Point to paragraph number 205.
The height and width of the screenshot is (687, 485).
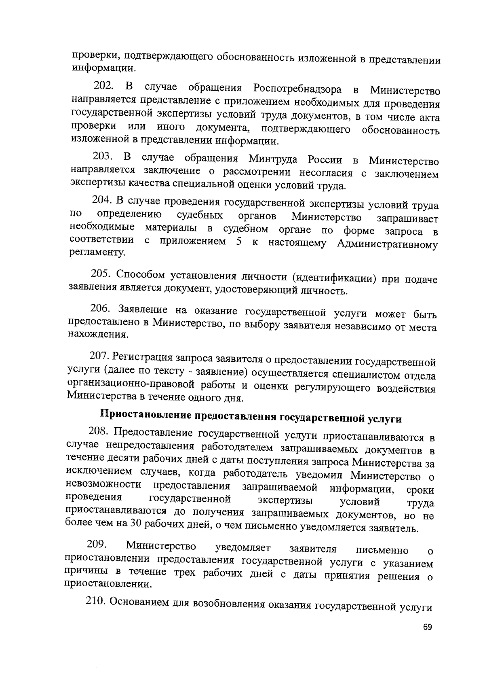pos(101,274)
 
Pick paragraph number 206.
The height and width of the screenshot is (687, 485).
pos(100,308)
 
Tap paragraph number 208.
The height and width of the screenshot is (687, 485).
pos(99,431)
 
